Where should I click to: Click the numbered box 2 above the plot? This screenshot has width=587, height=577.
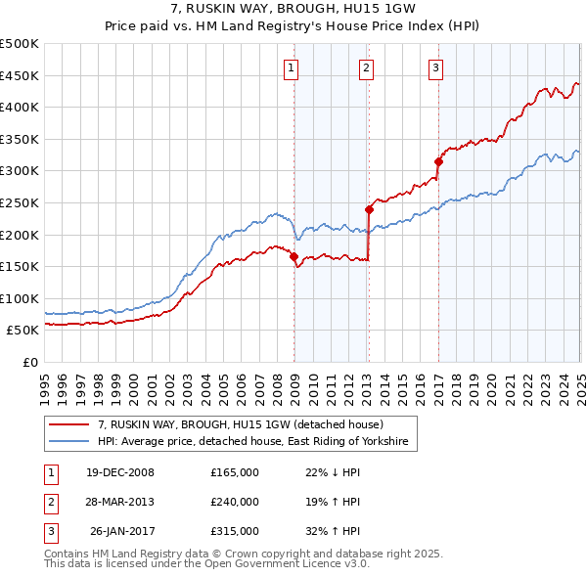[365, 67]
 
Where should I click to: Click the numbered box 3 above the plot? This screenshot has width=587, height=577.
[435, 67]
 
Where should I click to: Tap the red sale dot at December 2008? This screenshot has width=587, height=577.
[294, 256]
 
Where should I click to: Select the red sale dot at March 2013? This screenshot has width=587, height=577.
[370, 209]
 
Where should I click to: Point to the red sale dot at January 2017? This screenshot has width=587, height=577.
[438, 161]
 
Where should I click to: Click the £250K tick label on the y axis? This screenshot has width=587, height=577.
[20, 202]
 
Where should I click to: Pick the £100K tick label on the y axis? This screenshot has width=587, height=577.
[20, 298]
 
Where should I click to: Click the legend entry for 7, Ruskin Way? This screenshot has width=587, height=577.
[247, 425]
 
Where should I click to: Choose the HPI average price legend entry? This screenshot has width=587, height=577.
[257, 443]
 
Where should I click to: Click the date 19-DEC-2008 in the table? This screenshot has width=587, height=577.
[120, 472]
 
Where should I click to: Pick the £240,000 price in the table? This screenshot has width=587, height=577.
[235, 502]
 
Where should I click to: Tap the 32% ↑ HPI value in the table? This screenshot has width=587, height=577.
[334, 531]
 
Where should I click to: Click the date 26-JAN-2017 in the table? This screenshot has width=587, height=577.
[120, 531]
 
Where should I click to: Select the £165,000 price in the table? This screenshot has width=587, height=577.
[235, 472]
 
